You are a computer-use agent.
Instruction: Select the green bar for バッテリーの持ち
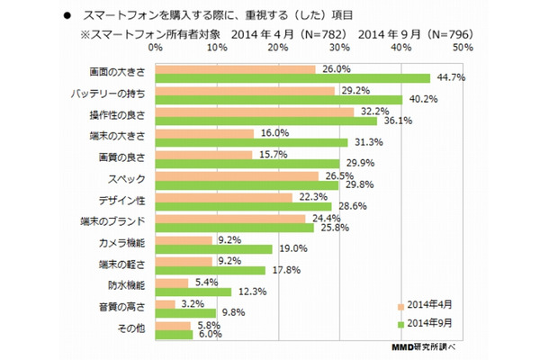pyautogui.click(x=278, y=98)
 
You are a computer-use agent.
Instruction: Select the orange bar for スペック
pyautogui.click(x=237, y=175)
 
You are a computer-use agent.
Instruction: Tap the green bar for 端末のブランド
pyautogui.click(x=235, y=229)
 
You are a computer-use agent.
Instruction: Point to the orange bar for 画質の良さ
pyautogui.click(x=204, y=153)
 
